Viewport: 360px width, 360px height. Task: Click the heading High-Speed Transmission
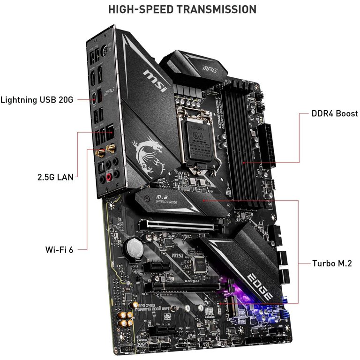182,9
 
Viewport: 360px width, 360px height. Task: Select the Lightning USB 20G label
37,99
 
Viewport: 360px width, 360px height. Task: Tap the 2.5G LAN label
55,178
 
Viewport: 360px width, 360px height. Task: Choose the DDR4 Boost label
334,113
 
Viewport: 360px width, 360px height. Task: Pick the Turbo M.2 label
331,263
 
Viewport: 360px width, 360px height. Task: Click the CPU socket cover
199,136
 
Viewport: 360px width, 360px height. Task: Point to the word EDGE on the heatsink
262,286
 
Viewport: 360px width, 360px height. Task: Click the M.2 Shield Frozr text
168,199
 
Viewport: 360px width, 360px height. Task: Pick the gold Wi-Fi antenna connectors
105,151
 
